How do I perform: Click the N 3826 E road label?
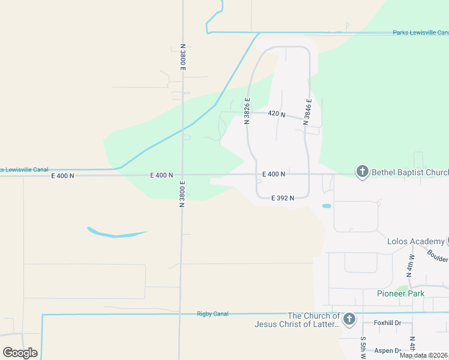pyautogui.click(x=247, y=110)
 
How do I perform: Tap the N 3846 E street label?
pyautogui.click(x=307, y=111)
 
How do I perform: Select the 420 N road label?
pyautogui.click(x=276, y=113)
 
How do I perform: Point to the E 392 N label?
pyautogui.click(x=282, y=198)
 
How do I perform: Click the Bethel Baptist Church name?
pyautogui.click(x=410, y=173)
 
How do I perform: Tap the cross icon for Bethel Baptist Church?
pyautogui.click(x=363, y=173)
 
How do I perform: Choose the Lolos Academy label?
pyautogui.click(x=416, y=242)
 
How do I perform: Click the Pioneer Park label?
pyautogui.click(x=400, y=293)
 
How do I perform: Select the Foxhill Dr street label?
pyautogui.click(x=387, y=323)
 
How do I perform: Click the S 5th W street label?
pyautogui.click(x=363, y=347)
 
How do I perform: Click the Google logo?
pyautogui.click(x=20, y=353)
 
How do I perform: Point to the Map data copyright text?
pyautogui.click(x=423, y=355)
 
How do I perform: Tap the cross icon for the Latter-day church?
pyautogui.click(x=349, y=319)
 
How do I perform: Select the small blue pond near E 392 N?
pyautogui.click(x=327, y=206)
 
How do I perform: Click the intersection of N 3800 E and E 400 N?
pyautogui.click(x=182, y=175)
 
